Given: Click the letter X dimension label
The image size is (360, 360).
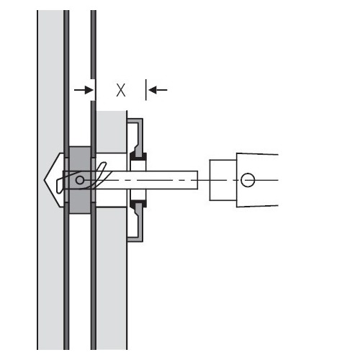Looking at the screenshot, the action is [121, 90].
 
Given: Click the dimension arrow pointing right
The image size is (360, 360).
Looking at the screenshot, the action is [84, 90].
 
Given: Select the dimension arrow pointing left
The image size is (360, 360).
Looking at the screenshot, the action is [158, 90].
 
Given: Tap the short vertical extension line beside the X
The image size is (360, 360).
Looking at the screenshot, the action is [145, 90].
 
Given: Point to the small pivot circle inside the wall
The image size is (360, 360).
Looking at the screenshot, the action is [80, 180].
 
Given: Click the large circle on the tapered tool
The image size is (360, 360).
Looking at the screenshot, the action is [248, 180].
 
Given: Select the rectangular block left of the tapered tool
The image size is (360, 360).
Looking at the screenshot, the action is [223, 180].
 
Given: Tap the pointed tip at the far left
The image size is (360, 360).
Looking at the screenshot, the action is [45, 180].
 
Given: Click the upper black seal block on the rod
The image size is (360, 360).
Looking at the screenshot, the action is [138, 156].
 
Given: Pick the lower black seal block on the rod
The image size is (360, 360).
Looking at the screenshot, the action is [138, 204].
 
